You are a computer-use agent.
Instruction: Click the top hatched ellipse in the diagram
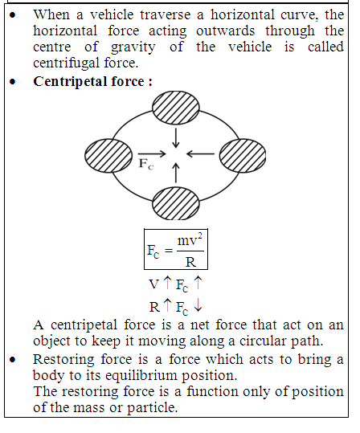[176, 108]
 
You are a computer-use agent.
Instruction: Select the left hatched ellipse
[108, 156]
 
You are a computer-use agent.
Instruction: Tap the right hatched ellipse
[243, 156]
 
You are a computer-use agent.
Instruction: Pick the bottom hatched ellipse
[176, 203]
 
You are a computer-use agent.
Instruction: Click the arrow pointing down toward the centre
[176, 137]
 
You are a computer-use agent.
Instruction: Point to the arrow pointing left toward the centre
[200, 153]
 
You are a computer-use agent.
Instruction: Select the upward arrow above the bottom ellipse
[176, 173]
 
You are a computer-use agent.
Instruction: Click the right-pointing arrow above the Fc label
[152, 153]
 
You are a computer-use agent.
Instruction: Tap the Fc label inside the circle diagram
[146, 164]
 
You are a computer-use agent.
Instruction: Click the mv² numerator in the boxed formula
[190, 239]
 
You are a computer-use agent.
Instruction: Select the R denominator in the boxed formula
[190, 262]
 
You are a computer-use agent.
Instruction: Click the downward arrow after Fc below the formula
[198, 306]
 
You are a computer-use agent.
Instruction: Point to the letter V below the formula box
[154, 284]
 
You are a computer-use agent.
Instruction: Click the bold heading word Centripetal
[71, 82]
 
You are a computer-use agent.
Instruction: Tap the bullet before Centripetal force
[12, 81]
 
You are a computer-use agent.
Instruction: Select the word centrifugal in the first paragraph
[67, 63]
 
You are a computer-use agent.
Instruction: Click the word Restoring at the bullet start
[63, 360]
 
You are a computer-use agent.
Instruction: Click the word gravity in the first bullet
[133, 47]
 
